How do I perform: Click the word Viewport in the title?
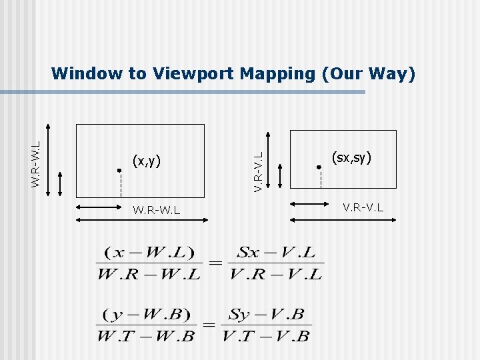[194, 73]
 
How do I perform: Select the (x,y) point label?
[147, 160]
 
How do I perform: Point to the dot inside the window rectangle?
[119, 171]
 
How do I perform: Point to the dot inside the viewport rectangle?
[319, 167]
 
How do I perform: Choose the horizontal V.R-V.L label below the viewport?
[363, 207]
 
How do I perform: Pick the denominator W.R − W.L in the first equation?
[148, 273]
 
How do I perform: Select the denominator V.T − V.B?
[266, 335]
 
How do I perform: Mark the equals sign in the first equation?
[215, 263]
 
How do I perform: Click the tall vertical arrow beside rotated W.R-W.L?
[48, 161]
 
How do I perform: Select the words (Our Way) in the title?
[369, 73]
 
